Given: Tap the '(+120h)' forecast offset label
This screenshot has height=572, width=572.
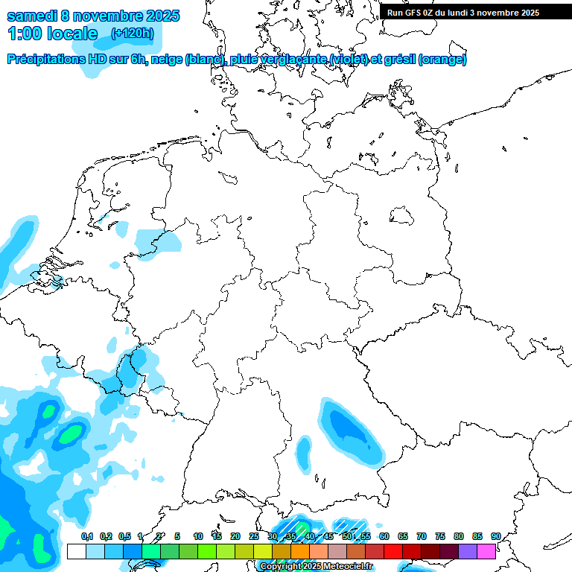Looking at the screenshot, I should (x=132, y=34).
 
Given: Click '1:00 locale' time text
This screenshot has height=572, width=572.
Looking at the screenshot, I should (x=52, y=34).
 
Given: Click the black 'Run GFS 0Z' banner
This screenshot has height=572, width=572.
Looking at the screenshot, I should (x=468, y=13).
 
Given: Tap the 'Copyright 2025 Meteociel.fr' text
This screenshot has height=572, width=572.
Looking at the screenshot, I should (x=316, y=567).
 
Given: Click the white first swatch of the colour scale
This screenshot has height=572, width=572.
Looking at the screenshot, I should (x=76, y=552).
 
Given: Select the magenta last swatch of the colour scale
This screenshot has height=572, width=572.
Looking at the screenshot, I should (x=486, y=552).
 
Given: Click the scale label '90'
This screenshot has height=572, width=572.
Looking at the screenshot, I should (x=495, y=536).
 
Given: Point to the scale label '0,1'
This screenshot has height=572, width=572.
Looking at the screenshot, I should (x=86, y=536).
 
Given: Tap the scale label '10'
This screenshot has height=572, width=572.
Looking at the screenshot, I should (x=198, y=536).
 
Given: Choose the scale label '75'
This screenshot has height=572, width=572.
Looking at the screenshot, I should (x=439, y=536).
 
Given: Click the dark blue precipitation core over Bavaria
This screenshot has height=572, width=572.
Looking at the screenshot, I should (x=347, y=428).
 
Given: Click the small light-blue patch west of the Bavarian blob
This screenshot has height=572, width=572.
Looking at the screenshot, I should (x=303, y=451).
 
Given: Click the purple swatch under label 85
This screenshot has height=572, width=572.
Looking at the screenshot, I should (x=468, y=552).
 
